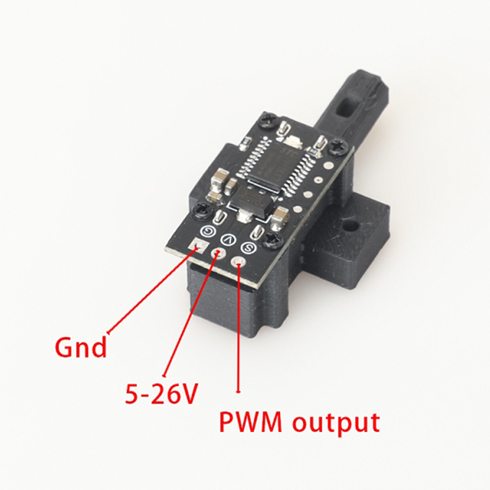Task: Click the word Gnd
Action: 81,347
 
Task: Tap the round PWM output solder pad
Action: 238,263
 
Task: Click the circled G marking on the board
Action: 208,230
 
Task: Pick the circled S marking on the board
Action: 247,248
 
